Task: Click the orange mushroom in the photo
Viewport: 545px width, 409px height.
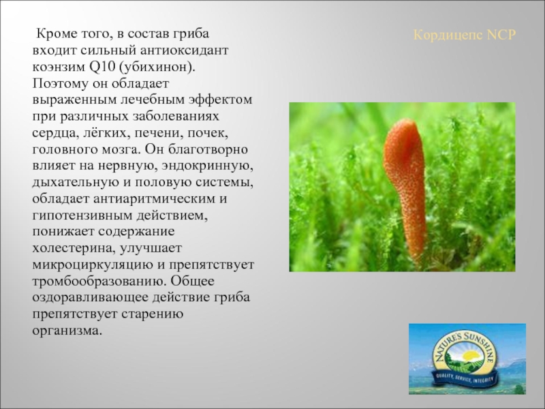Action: [x=405, y=188]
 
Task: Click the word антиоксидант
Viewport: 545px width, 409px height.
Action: [x=184, y=50]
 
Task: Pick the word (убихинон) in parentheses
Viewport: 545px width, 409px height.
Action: [x=157, y=67]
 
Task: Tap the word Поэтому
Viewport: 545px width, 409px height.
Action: [x=61, y=83]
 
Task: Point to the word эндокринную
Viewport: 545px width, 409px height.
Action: [x=204, y=166]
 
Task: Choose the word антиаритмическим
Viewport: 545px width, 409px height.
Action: [x=155, y=199]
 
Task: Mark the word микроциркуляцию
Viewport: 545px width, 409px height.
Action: [x=93, y=265]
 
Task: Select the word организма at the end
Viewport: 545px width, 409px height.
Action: [x=67, y=331]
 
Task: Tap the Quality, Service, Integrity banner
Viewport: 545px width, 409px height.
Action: [x=466, y=377]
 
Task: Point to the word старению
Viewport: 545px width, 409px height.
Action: [x=152, y=314]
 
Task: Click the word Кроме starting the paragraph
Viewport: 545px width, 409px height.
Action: [x=56, y=34]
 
